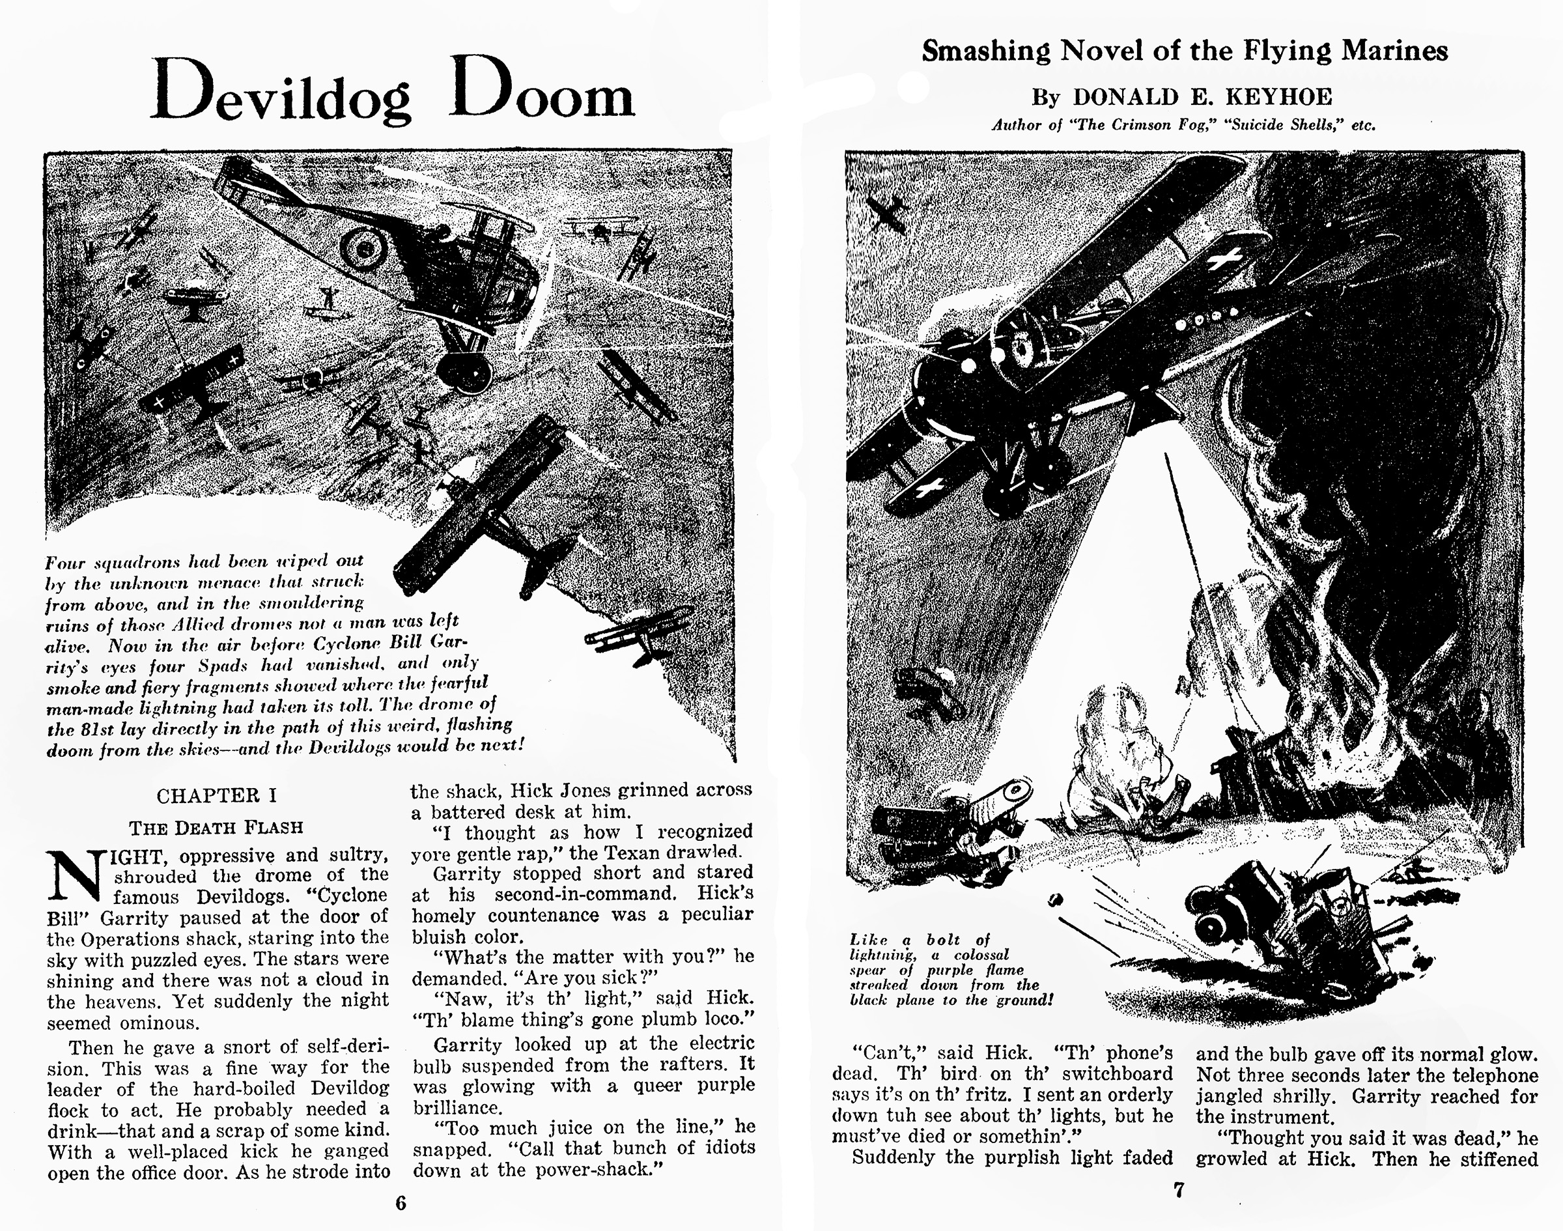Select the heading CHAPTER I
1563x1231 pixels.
coord(216,796)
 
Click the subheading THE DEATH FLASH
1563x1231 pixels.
coord(216,827)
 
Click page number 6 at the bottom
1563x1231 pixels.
coord(401,1203)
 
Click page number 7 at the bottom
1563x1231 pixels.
coord(1178,1190)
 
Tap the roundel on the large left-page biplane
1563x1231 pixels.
coord(364,248)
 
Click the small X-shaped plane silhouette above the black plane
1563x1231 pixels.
coord(887,211)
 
